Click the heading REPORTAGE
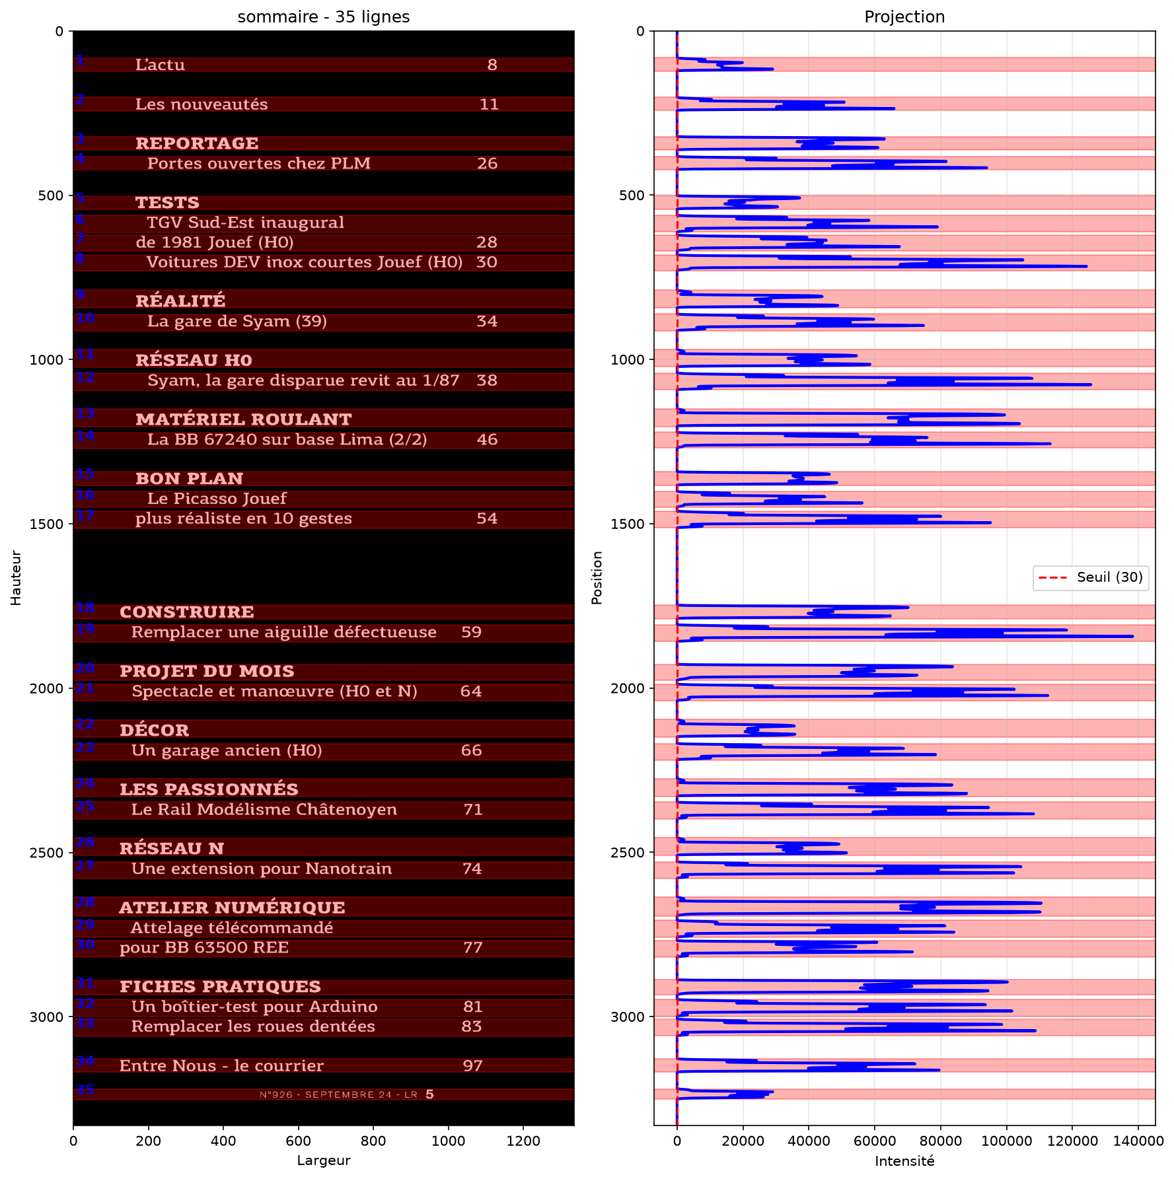[x=197, y=143]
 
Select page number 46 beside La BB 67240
[x=488, y=440]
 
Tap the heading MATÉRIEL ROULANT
[x=244, y=419]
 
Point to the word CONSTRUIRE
[x=187, y=612]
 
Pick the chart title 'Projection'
[x=904, y=17]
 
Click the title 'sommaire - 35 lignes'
[x=324, y=17]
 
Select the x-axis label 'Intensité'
[x=904, y=1161]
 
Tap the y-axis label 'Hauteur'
[x=16, y=578]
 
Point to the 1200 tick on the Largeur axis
[x=523, y=1140]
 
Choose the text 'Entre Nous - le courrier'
[x=221, y=1066]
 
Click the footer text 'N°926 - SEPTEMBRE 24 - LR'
[x=338, y=1095]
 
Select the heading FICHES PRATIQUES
[x=220, y=987]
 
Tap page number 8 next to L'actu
[x=492, y=65]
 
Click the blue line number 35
[x=85, y=1089]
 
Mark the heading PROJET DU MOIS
[x=207, y=672]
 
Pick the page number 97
[x=473, y=1066]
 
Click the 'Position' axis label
[x=597, y=578]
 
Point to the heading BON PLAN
[x=190, y=479]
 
